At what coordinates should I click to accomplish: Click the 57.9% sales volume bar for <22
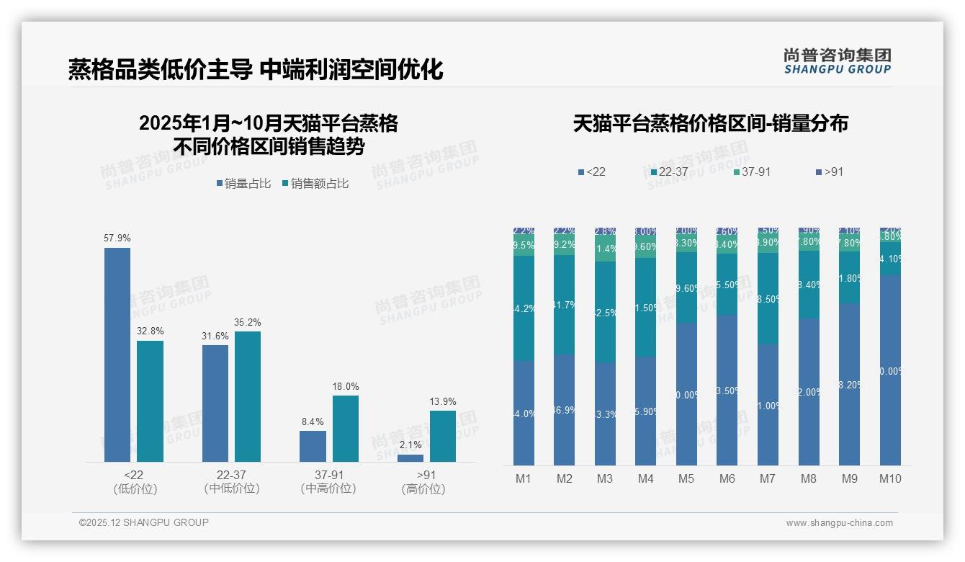point(117,354)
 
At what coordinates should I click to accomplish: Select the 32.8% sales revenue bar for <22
point(150,401)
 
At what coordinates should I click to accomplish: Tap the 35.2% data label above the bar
point(248,322)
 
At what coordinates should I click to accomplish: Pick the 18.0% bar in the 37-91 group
point(345,428)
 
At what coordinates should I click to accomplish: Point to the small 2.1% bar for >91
point(410,458)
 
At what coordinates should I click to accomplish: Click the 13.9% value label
point(443,401)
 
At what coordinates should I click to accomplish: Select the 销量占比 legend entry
point(243,184)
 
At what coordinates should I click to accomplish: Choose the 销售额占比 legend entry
point(315,184)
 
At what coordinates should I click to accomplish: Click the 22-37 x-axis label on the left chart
point(232,475)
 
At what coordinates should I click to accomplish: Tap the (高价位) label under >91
point(423,489)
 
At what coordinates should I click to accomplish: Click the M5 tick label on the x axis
point(686,478)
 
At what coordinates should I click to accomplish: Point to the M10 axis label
point(890,478)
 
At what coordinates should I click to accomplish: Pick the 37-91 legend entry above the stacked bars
point(752,172)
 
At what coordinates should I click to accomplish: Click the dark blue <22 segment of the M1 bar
point(524,413)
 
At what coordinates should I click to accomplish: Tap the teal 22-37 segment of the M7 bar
point(768,298)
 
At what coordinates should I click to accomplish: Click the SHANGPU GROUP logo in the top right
point(837,61)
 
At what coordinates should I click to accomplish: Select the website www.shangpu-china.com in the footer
point(839,523)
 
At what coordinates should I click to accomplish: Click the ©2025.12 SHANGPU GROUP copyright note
point(144,522)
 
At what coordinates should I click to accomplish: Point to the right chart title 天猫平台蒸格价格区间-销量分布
point(710,123)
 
